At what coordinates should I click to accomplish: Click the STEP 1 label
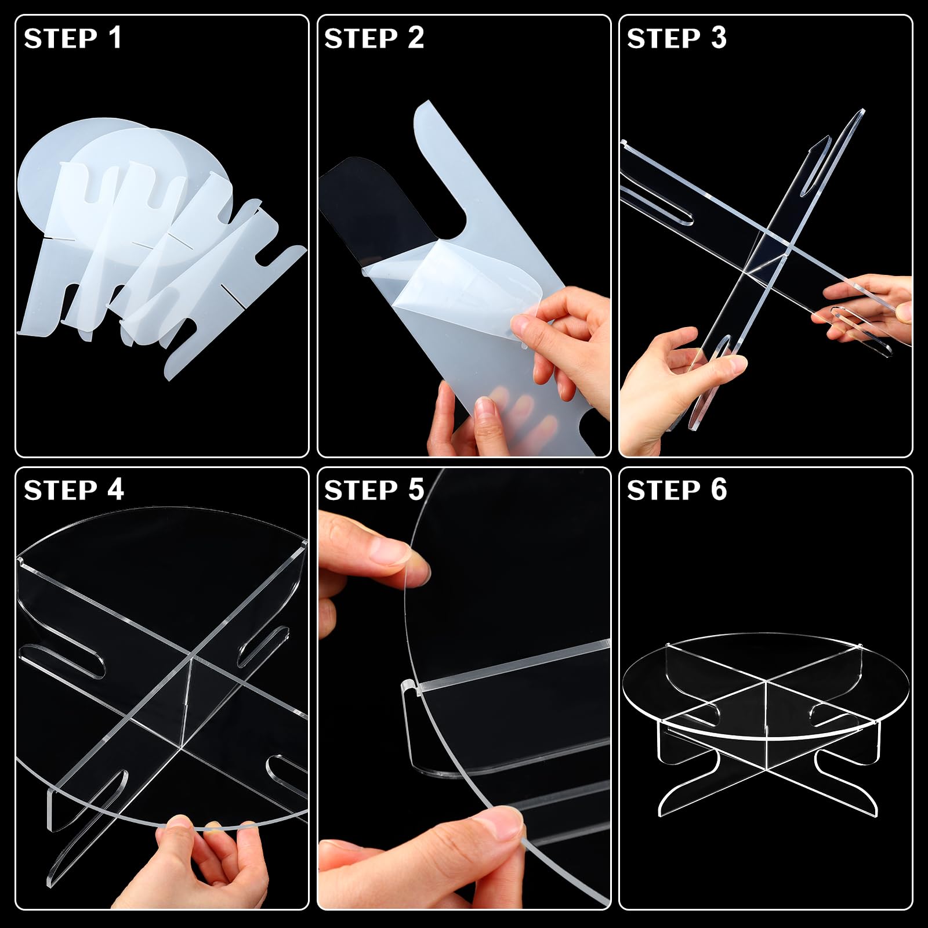tap(72, 38)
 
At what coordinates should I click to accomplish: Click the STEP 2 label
tap(374, 38)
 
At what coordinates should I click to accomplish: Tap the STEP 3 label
tap(677, 38)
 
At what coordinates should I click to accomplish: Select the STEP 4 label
tap(74, 490)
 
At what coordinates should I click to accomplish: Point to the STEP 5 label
tap(374, 490)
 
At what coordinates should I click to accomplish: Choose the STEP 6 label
tap(677, 490)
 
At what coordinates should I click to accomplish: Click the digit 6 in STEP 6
tap(719, 490)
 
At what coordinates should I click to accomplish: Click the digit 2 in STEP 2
tap(416, 38)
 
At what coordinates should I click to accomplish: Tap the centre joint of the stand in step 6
tap(766, 684)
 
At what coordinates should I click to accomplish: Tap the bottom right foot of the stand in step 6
tap(853, 803)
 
